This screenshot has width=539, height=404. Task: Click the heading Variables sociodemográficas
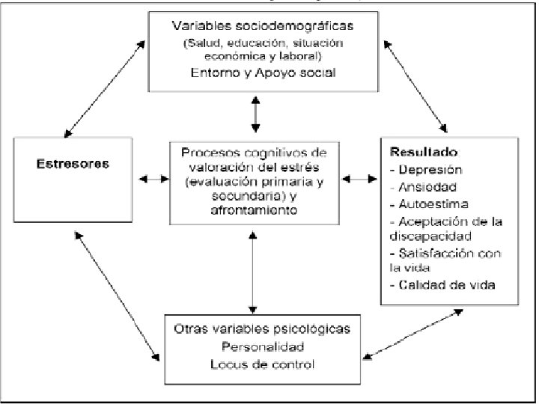tap(263, 26)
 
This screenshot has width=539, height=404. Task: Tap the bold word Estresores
tap(73, 164)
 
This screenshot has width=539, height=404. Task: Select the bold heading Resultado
tap(424, 152)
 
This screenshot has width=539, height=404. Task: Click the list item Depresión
tap(426, 170)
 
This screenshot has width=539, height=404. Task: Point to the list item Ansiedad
tap(424, 187)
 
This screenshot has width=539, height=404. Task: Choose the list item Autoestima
tap(429, 204)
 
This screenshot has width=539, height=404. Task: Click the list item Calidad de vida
tap(442, 285)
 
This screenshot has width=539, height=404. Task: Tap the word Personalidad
tap(263, 346)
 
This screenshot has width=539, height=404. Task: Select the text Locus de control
tap(263, 364)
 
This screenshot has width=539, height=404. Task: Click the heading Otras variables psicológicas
tap(262, 328)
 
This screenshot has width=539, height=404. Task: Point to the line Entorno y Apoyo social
tap(264, 73)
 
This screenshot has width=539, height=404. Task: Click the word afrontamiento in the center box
tap(254, 210)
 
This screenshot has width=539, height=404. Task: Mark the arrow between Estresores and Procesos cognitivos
tap(153, 179)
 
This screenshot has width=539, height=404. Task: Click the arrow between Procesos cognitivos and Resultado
tap(359, 179)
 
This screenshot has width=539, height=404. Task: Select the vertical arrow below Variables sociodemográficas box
tap(255, 114)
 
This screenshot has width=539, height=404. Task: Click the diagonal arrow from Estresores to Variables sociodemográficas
tap(105, 89)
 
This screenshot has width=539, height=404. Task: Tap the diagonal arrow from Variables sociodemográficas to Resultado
tap(415, 87)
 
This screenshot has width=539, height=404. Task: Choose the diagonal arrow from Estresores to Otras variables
tap(118, 296)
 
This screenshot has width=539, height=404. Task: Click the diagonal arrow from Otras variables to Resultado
tap(412, 334)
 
